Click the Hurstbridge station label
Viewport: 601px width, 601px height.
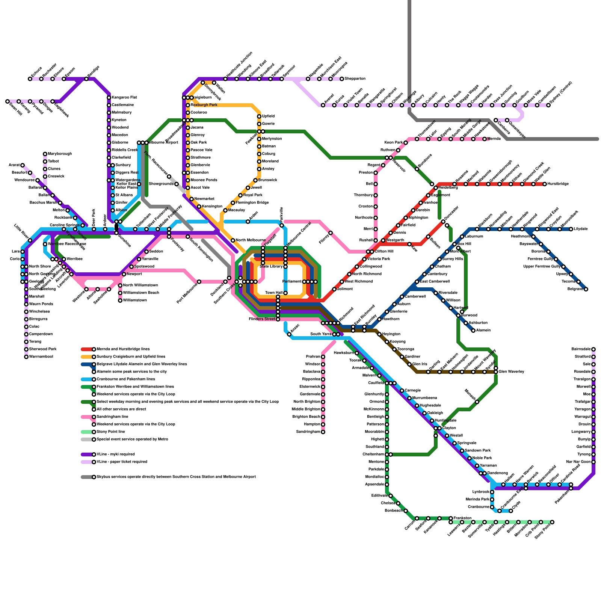click(x=558, y=184)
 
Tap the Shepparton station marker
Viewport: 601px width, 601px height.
click(x=342, y=79)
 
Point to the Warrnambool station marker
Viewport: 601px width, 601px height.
click(x=26, y=357)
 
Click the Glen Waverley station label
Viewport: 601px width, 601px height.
click(x=511, y=372)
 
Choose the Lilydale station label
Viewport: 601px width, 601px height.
click(x=581, y=229)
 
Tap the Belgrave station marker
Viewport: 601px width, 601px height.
click(x=586, y=289)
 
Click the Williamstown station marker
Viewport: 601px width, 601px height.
click(x=120, y=300)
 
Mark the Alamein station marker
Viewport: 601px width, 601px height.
click(x=473, y=331)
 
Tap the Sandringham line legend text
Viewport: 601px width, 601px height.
click(x=112, y=417)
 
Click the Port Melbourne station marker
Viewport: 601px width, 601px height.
click(x=199, y=282)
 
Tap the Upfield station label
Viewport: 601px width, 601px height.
click(x=268, y=116)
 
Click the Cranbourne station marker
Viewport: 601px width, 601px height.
click(x=492, y=507)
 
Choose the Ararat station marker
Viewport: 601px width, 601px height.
click(x=23, y=165)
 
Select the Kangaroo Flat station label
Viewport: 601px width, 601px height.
click(x=124, y=98)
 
